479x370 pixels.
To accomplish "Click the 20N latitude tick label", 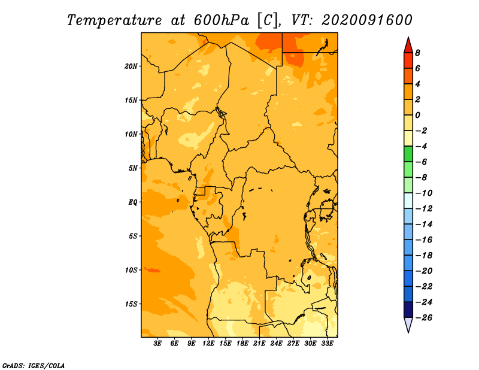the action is pos(131,66).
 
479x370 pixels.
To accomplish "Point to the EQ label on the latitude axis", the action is pos(133,202).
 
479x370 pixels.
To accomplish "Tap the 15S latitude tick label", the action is pos(131,304).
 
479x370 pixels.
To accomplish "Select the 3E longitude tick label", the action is pos(157,344).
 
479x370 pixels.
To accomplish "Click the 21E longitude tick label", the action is pos(259,344).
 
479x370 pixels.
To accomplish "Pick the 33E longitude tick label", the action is pos(327,344).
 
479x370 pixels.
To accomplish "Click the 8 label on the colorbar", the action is pos(417,53).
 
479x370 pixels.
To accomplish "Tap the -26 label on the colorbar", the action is pos(424,318).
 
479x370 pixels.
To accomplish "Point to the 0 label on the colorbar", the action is pos(417,115).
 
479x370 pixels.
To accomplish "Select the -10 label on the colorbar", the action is pos(424,193).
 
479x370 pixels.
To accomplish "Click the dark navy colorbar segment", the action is pos(408,310).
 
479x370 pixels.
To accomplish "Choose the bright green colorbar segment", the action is pos(408,154).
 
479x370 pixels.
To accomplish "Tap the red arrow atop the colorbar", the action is pos(408,45).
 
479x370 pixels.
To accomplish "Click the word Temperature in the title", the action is pos(114,20).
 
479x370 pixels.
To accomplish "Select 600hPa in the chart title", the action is pos(221,20).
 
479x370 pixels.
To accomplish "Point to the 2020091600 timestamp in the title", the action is pos(367,20).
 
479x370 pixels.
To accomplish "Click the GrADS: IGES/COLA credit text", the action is pos(34,366).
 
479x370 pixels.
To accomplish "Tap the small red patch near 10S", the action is pos(152,270).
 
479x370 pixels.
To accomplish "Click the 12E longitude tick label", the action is pos(208,344).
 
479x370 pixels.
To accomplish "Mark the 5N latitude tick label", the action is pos(133,168).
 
